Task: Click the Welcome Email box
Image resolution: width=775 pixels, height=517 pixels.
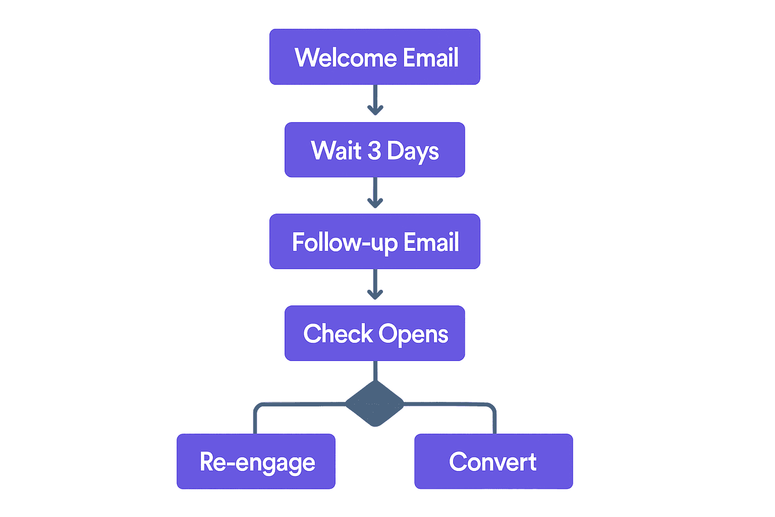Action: [x=374, y=57]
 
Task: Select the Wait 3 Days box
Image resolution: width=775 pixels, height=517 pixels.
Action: [x=374, y=150]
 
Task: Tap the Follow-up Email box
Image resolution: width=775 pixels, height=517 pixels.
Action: [x=374, y=241]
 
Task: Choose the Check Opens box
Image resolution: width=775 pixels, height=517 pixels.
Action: [x=374, y=333]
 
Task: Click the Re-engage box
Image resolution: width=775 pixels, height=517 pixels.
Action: [x=256, y=461]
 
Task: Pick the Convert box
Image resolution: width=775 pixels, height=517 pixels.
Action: [x=493, y=461]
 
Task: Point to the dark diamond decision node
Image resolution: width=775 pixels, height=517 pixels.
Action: [x=375, y=403]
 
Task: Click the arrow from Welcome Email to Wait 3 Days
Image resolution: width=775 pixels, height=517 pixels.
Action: [x=375, y=100]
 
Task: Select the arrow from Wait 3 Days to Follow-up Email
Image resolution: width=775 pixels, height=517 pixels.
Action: [x=375, y=193]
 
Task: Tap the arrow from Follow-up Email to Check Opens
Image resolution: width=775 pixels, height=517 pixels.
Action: [x=375, y=284]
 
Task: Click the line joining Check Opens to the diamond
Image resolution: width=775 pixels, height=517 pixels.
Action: [x=375, y=370]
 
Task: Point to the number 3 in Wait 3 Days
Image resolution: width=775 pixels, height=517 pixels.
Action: [x=374, y=151]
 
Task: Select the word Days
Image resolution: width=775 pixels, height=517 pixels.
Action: [x=413, y=151]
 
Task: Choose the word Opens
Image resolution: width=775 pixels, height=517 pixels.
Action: [x=413, y=335]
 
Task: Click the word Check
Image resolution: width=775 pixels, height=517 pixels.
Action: [x=338, y=334]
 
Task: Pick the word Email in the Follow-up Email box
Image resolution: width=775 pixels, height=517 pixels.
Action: [x=431, y=242]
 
